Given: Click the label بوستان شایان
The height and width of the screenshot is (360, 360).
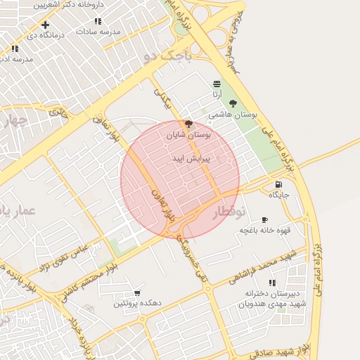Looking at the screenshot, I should [188, 133].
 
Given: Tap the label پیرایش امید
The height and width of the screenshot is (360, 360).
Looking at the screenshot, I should [187, 160].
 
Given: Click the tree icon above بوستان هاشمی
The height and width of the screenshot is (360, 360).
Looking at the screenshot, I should [233, 104].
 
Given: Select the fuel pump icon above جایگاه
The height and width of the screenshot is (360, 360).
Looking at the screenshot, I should [278, 185].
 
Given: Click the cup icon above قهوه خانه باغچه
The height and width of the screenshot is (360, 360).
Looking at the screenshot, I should [264, 220].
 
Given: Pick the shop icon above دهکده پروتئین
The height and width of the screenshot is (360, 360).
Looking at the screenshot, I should [136, 293].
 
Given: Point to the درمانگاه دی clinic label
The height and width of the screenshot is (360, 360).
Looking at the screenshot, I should [46, 34].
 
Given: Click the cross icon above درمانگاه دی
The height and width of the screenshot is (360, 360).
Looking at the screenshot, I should [46, 25].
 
